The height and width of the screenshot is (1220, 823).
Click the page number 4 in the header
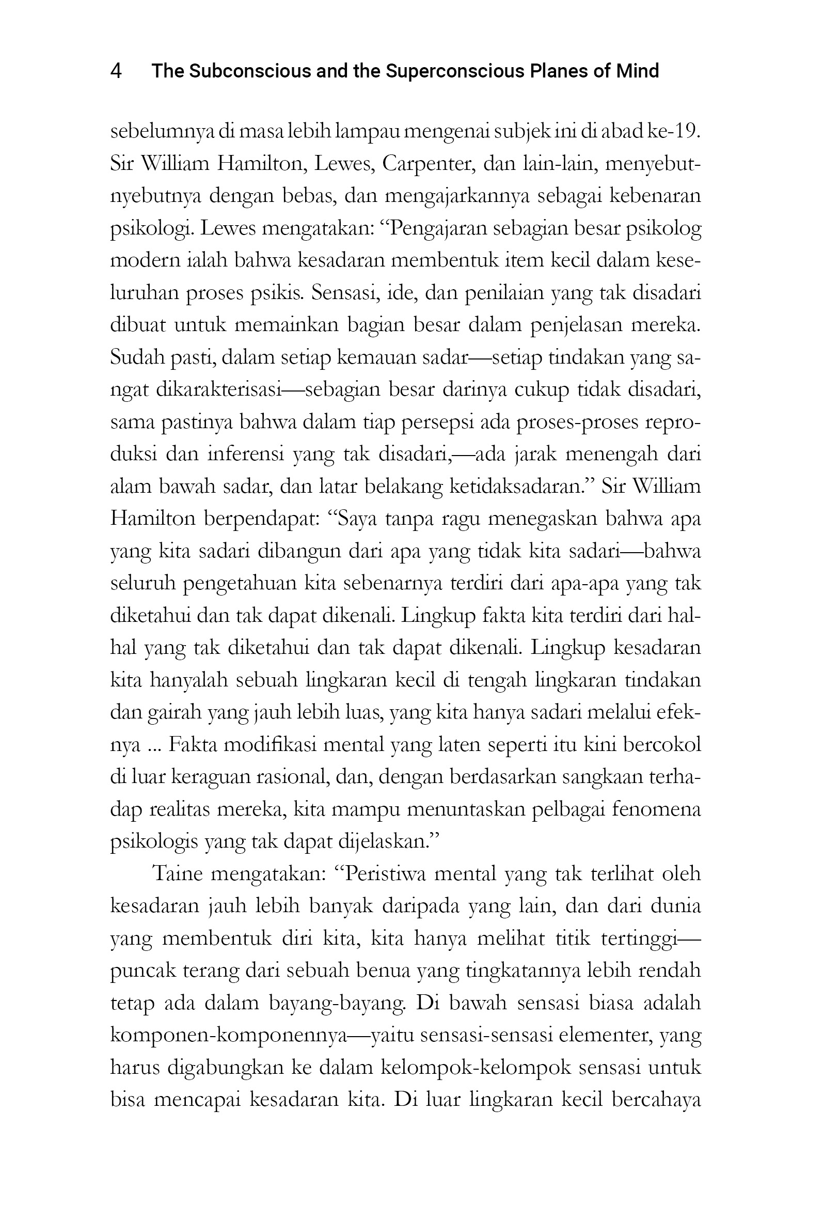point(116,71)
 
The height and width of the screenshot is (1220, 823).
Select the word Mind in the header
point(637,71)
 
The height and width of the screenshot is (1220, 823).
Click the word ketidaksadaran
point(520,487)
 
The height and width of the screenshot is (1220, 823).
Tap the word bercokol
point(662,745)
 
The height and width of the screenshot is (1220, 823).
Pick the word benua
point(383,971)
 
